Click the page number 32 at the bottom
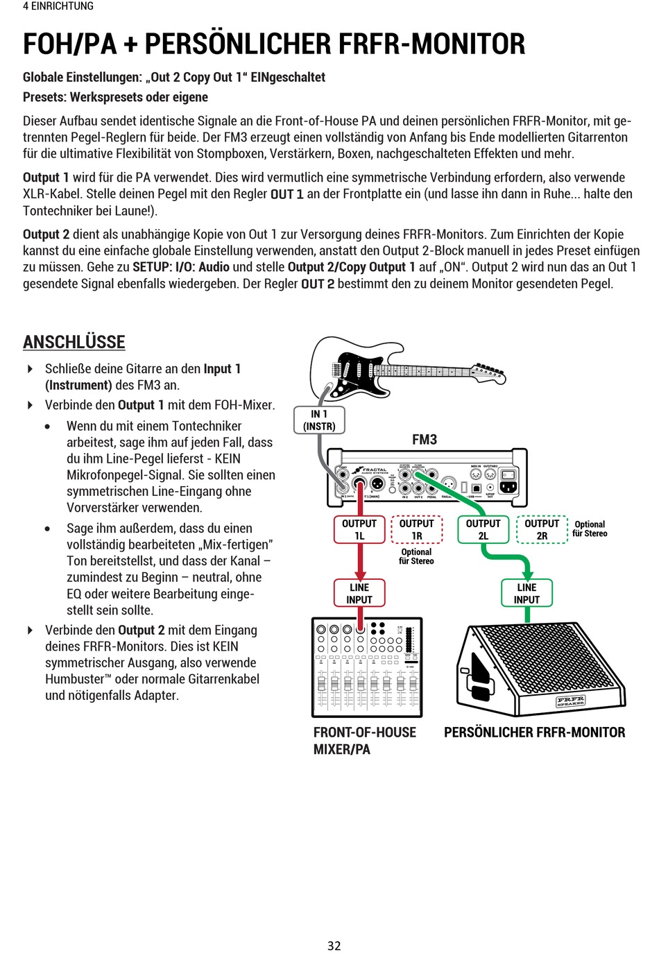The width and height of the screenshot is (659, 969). tap(334, 945)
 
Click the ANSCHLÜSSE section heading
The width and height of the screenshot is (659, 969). tap(74, 342)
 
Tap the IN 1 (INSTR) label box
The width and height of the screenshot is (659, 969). tap(319, 420)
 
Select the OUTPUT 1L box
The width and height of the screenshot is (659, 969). tap(359, 529)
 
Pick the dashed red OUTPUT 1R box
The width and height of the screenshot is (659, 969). tap(417, 529)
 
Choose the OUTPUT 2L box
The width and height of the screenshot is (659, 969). tap(483, 529)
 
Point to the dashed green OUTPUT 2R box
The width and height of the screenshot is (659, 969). tap(542, 529)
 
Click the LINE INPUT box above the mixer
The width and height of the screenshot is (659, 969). tap(359, 593)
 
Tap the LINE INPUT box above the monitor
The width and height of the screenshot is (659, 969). tap(527, 593)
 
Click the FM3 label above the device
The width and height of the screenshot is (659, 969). tap(425, 440)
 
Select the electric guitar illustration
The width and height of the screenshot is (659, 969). tap(402, 368)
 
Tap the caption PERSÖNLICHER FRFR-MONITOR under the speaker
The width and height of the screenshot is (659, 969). tap(534, 732)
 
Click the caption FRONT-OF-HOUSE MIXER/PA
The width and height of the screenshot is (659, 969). tap(364, 741)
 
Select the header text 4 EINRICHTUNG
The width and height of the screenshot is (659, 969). tap(58, 6)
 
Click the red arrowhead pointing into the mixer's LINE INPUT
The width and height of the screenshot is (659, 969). tap(359, 574)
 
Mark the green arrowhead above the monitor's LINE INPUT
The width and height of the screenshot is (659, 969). tap(527, 574)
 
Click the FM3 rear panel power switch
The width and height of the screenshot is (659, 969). tap(508, 475)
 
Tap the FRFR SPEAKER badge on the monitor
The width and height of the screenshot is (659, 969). tap(570, 701)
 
